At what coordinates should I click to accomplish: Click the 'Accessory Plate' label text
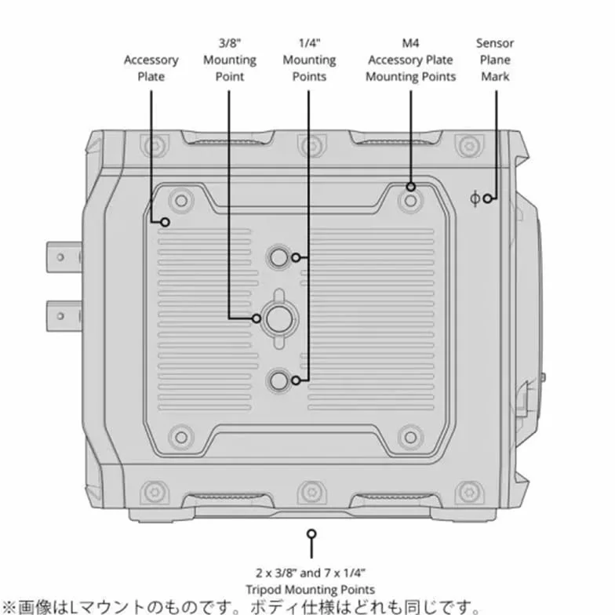[151, 67]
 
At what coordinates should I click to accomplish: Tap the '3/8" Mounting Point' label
[229, 60]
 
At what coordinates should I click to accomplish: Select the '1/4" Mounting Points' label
[309, 60]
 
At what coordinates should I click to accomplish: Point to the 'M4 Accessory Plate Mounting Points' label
[411, 60]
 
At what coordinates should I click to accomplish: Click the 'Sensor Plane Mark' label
[495, 60]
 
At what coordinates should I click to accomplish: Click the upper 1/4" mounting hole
[279, 257]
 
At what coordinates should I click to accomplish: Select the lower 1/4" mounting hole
[279, 380]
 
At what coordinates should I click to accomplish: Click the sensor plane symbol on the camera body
[475, 198]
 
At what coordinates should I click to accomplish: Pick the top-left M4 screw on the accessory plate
[180, 201]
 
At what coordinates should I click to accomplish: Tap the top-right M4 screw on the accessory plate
[410, 201]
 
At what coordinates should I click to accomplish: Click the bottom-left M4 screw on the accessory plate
[180, 436]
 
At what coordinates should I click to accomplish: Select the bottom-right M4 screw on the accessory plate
[410, 436]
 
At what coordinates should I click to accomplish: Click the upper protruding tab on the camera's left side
[64, 257]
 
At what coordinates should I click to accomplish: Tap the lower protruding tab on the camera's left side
[64, 315]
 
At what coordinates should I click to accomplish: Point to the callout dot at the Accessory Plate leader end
[165, 223]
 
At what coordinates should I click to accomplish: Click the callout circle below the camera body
[311, 533]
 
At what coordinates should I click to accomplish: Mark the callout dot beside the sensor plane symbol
[487, 198]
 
